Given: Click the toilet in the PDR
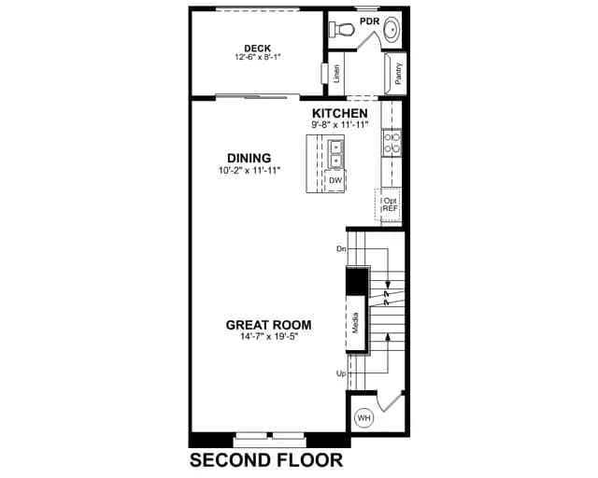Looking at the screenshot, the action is click(342, 29).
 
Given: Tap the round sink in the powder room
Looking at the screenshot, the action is click(392, 29).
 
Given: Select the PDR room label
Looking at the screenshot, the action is click(370, 21).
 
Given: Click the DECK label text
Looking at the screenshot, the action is click(258, 49).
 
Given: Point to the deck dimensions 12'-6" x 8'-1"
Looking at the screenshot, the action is click(258, 57).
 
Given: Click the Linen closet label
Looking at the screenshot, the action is click(336, 74).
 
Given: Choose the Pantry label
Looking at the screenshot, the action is click(398, 74).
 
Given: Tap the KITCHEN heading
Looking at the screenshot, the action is click(340, 113).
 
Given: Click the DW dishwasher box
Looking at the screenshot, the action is click(335, 180).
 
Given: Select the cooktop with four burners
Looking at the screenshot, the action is click(392, 143).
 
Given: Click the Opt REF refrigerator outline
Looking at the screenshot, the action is click(389, 204).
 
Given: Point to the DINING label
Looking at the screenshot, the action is click(249, 158).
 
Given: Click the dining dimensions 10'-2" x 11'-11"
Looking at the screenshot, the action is click(249, 170).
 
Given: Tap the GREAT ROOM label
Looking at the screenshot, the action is click(268, 325).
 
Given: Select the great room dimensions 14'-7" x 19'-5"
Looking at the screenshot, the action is click(269, 336).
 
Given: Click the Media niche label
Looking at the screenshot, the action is click(355, 323).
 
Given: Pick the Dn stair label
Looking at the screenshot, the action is click(341, 249).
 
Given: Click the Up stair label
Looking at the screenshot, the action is click(341, 373).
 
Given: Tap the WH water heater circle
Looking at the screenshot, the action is click(363, 418).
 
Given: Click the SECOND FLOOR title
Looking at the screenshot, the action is click(266, 460).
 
